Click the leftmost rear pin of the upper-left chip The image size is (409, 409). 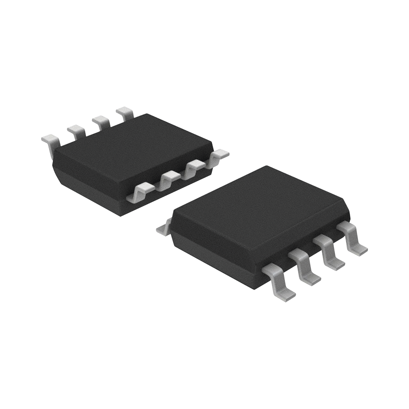coord(50,140)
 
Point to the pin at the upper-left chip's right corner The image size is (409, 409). coord(220,155)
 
